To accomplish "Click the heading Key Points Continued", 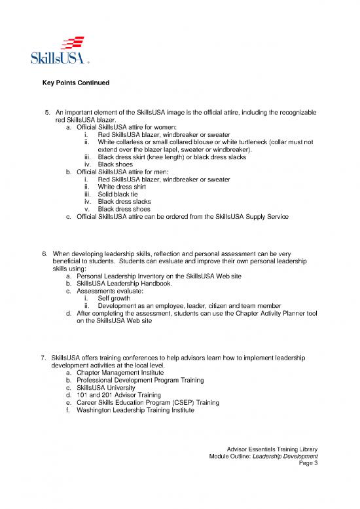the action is point(75,83).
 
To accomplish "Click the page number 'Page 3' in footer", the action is point(308,464).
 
